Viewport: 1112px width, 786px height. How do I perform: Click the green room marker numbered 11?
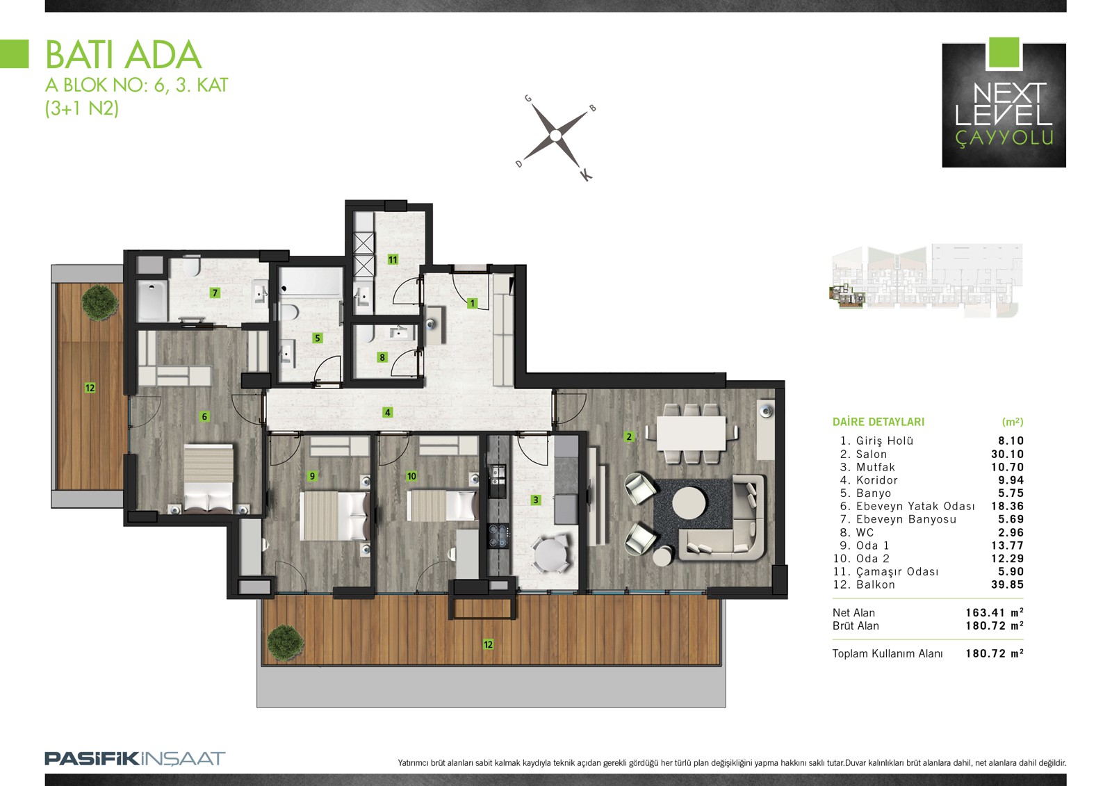pyautogui.click(x=393, y=260)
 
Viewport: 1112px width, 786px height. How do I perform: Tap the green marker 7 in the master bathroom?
pyautogui.click(x=215, y=293)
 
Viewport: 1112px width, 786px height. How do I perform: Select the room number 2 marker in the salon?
pyautogui.click(x=629, y=437)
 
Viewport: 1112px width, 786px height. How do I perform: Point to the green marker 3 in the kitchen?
pyautogui.click(x=536, y=500)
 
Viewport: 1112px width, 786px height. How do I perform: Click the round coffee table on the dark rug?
pyautogui.click(x=689, y=503)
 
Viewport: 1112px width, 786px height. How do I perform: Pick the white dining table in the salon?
pyautogui.click(x=691, y=433)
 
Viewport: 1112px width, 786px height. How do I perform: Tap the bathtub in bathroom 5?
pyautogui.click(x=311, y=282)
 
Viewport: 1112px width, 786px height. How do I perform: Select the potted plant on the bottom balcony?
pyautogui.click(x=286, y=643)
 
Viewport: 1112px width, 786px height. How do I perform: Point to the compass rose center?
pyautogui.click(x=555, y=136)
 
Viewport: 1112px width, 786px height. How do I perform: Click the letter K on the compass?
pyautogui.click(x=587, y=174)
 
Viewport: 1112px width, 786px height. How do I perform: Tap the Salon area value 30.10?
pyautogui.click(x=1007, y=455)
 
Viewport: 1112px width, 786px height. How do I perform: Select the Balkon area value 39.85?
pyautogui.click(x=1007, y=585)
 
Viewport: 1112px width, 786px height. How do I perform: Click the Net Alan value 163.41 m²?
pyautogui.click(x=995, y=613)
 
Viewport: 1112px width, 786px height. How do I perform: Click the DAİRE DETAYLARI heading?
pyautogui.click(x=878, y=422)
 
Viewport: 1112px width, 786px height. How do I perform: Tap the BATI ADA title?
pyautogui.click(x=124, y=55)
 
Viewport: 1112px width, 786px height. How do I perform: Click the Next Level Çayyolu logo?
pyautogui.click(x=1004, y=103)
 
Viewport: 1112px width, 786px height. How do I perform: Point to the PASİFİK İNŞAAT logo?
pyautogui.click(x=135, y=759)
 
